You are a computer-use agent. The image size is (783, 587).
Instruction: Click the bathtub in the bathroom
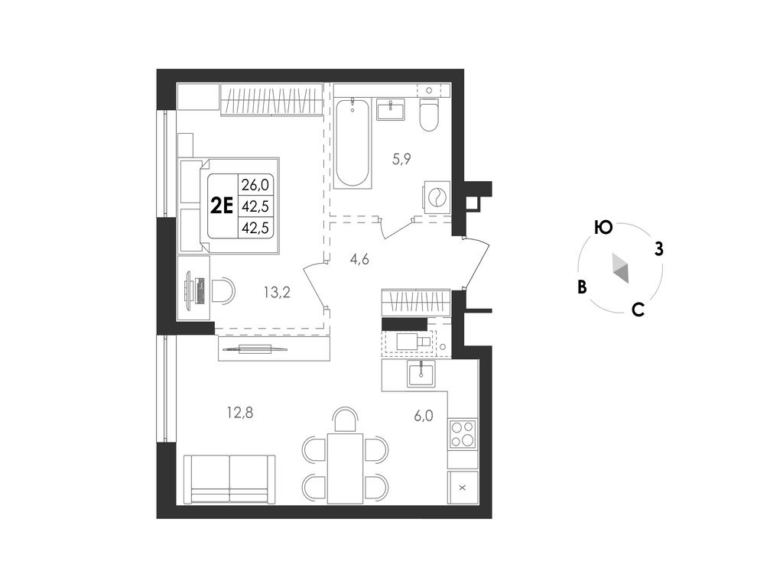tap(353, 143)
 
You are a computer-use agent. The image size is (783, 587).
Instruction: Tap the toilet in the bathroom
tap(428, 115)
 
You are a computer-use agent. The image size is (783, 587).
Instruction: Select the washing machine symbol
tap(437, 196)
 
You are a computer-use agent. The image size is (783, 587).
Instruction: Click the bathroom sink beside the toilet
tap(391, 109)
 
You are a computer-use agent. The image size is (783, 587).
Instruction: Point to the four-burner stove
tap(463, 433)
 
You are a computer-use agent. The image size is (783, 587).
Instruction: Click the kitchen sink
tap(421, 374)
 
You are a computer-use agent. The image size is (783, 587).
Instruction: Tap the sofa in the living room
tap(229, 478)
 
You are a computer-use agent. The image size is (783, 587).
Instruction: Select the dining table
tap(345, 469)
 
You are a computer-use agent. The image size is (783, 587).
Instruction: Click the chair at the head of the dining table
tap(346, 418)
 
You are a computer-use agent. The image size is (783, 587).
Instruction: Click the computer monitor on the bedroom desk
tap(189, 290)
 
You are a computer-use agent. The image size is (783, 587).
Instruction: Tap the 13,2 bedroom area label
tap(277, 292)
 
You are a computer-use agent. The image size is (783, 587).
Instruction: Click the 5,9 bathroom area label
tap(401, 159)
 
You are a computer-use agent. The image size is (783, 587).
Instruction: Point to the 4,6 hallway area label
tap(359, 259)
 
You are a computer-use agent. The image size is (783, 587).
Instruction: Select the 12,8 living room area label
tap(240, 413)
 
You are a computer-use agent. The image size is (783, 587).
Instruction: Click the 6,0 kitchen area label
tap(423, 416)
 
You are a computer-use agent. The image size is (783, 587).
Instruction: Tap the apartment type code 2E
tap(222, 206)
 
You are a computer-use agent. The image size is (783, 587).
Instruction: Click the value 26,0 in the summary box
tap(255, 185)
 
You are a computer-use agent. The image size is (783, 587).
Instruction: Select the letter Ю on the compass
tap(604, 228)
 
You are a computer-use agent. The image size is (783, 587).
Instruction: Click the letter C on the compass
tap(638, 310)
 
